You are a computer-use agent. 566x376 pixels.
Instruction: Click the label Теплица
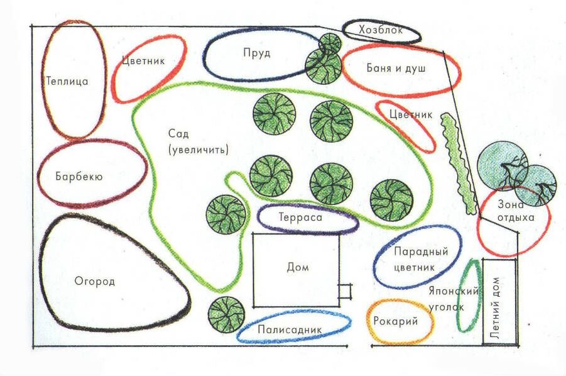tap(67, 81)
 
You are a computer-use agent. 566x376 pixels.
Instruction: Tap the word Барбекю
tap(79, 176)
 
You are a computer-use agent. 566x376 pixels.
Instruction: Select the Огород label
tap(95, 281)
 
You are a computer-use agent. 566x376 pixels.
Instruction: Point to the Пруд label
tap(257, 53)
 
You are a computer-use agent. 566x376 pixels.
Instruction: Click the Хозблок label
tap(381, 30)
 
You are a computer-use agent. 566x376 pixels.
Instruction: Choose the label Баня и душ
tap(396, 67)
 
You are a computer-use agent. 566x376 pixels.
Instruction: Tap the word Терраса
tap(300, 217)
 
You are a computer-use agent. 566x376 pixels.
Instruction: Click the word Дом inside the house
tap(298, 267)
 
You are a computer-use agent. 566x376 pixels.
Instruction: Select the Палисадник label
tap(290, 329)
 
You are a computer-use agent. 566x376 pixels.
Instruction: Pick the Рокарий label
tap(396, 321)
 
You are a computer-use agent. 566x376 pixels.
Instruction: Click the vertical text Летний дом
tap(496, 307)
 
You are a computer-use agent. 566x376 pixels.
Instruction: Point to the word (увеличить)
tap(199, 150)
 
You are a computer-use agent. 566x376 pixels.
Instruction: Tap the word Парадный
tap(421, 252)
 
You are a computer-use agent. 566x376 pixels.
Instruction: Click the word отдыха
tap(516, 218)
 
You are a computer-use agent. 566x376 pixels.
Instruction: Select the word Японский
tap(454, 290)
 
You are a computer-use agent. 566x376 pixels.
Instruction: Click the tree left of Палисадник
tap(226, 314)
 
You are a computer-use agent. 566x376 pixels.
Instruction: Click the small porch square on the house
tap(345, 292)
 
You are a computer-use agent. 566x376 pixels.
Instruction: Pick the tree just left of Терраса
tap(226, 214)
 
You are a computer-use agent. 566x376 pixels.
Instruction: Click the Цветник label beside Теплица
tap(143, 60)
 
